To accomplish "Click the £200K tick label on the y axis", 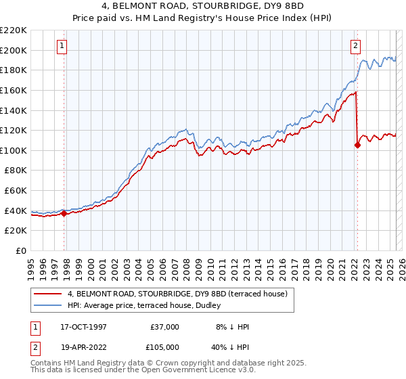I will (14, 50).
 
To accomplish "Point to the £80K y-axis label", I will (16, 171).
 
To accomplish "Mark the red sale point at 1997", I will (64, 214).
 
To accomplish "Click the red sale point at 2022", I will (357, 145).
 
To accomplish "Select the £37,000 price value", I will (164, 327).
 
